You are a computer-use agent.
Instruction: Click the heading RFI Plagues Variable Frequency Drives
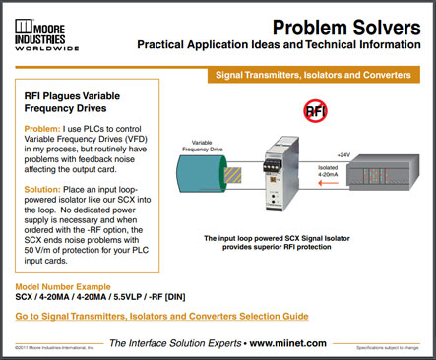(78, 103)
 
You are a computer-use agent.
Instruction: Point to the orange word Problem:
(43, 129)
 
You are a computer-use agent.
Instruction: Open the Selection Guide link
(161, 316)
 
